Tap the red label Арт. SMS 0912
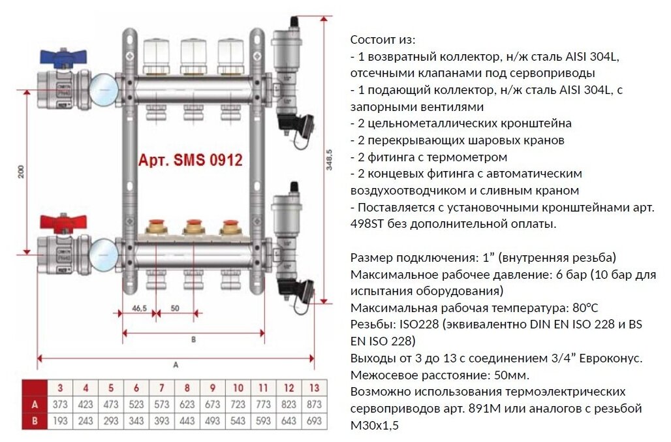(x=191, y=160)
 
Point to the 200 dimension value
(x=22, y=172)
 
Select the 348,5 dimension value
(x=330, y=159)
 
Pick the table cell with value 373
(x=59, y=405)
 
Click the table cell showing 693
(x=314, y=420)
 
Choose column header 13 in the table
(x=314, y=388)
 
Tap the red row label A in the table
(x=35, y=405)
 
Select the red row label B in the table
(x=35, y=420)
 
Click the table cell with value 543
(x=238, y=420)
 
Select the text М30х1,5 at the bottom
(x=373, y=426)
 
